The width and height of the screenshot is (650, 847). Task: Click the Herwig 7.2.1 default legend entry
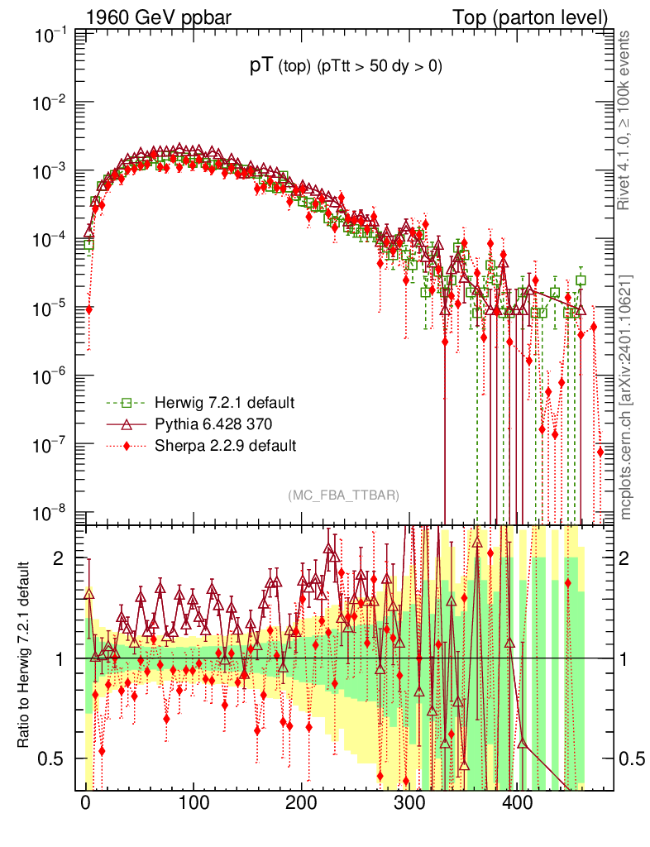(224, 403)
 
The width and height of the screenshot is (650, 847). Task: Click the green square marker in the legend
(127, 403)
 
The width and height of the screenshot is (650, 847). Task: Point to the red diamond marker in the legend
(127, 446)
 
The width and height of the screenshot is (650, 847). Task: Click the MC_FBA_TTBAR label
(344, 495)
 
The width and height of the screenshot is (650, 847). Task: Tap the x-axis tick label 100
(194, 802)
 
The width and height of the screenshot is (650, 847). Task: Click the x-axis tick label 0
(86, 802)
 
